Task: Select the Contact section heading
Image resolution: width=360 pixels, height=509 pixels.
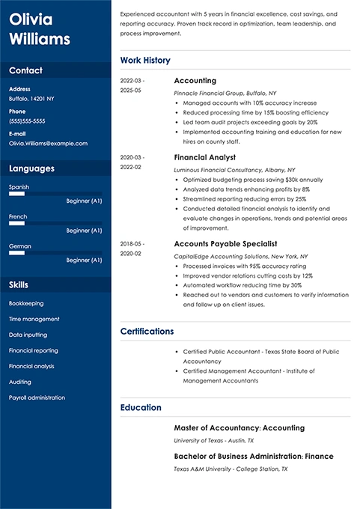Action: click(x=25, y=70)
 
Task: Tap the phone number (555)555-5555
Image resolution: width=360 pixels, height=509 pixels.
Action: click(x=27, y=121)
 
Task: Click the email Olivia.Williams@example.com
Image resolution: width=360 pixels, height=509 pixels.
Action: click(x=48, y=142)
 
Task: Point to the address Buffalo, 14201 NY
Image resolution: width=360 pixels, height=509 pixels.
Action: click(x=31, y=99)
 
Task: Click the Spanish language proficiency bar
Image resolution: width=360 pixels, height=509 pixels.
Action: click(x=55, y=194)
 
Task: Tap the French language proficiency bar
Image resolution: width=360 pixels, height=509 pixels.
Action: click(x=55, y=224)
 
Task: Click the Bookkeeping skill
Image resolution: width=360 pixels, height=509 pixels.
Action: click(x=26, y=303)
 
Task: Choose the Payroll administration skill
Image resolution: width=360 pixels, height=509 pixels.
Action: click(x=37, y=397)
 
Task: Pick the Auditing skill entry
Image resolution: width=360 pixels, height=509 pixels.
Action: click(x=20, y=382)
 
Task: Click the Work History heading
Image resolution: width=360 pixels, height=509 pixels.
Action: click(x=145, y=60)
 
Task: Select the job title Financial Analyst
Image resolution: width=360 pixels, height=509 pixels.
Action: click(x=204, y=158)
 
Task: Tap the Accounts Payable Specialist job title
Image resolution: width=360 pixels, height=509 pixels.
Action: click(x=225, y=243)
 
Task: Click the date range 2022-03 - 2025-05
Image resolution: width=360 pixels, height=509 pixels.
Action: click(x=132, y=85)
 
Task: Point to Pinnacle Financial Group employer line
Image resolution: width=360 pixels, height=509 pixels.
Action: click(x=224, y=92)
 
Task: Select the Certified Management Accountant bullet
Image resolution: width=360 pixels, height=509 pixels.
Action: click(x=248, y=375)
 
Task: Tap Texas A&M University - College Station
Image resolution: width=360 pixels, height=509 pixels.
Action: click(x=230, y=469)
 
